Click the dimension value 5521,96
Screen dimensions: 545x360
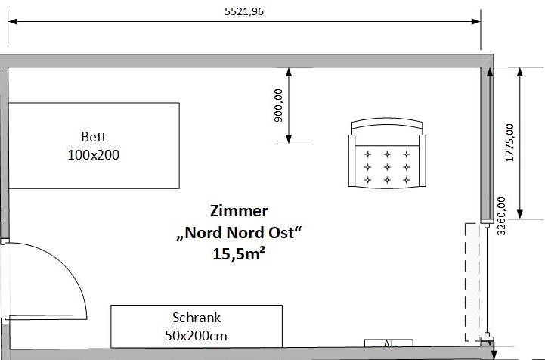(x=244, y=12)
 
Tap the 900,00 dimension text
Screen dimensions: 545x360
(x=278, y=105)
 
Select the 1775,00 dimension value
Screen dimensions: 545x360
(x=509, y=143)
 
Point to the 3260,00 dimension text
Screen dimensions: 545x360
(x=501, y=216)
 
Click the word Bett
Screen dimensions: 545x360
(x=94, y=137)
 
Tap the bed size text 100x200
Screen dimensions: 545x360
(x=94, y=155)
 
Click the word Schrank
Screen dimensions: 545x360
(x=197, y=318)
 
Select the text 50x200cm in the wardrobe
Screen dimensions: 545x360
(x=196, y=336)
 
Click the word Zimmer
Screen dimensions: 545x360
(x=239, y=211)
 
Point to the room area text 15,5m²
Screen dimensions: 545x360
(x=239, y=254)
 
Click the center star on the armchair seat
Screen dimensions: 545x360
(x=387, y=167)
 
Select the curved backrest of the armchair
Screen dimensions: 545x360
(x=387, y=123)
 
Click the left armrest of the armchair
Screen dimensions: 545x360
(x=351, y=160)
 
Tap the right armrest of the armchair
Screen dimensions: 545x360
(x=423, y=160)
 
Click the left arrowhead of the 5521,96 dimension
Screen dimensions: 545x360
(x=13, y=22)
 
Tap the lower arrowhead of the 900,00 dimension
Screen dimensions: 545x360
(x=289, y=139)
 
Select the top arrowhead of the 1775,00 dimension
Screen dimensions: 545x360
(x=520, y=72)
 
